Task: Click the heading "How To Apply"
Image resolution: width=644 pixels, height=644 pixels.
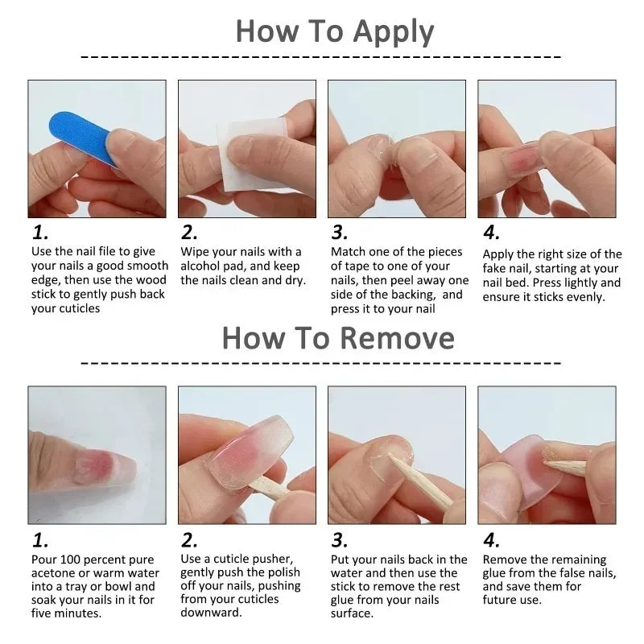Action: [334, 31]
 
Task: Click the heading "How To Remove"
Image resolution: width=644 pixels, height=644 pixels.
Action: [338, 337]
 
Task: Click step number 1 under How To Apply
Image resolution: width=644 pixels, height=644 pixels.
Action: [40, 233]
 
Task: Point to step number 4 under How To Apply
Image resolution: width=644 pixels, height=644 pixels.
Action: [491, 233]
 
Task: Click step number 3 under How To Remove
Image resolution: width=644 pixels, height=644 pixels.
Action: [340, 540]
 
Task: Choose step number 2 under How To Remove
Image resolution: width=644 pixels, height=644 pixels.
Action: [189, 540]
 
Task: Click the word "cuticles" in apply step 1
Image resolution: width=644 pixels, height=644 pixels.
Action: [77, 308]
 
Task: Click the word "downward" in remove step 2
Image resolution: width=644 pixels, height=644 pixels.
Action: [212, 613]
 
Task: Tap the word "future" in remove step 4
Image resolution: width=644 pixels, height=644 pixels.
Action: [502, 600]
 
